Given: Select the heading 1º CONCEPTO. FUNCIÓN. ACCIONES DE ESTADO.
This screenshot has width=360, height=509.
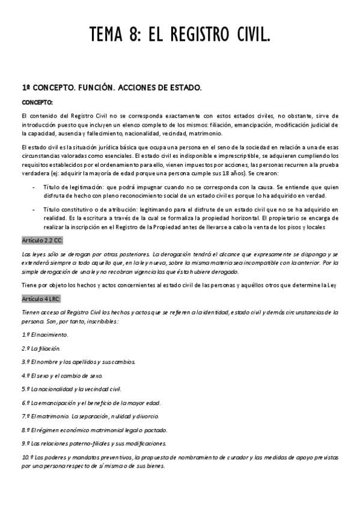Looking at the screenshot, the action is click(x=112, y=88).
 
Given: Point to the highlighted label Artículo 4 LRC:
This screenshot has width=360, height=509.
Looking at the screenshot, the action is click(x=40, y=298).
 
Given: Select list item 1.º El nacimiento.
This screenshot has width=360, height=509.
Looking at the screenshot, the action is click(x=45, y=334).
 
